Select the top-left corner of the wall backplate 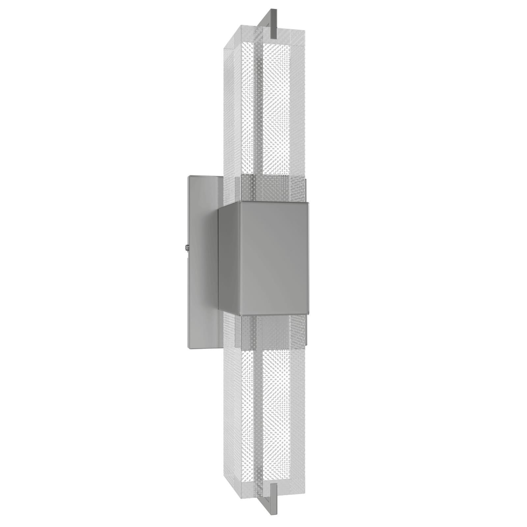188,177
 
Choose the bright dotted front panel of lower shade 283,412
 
